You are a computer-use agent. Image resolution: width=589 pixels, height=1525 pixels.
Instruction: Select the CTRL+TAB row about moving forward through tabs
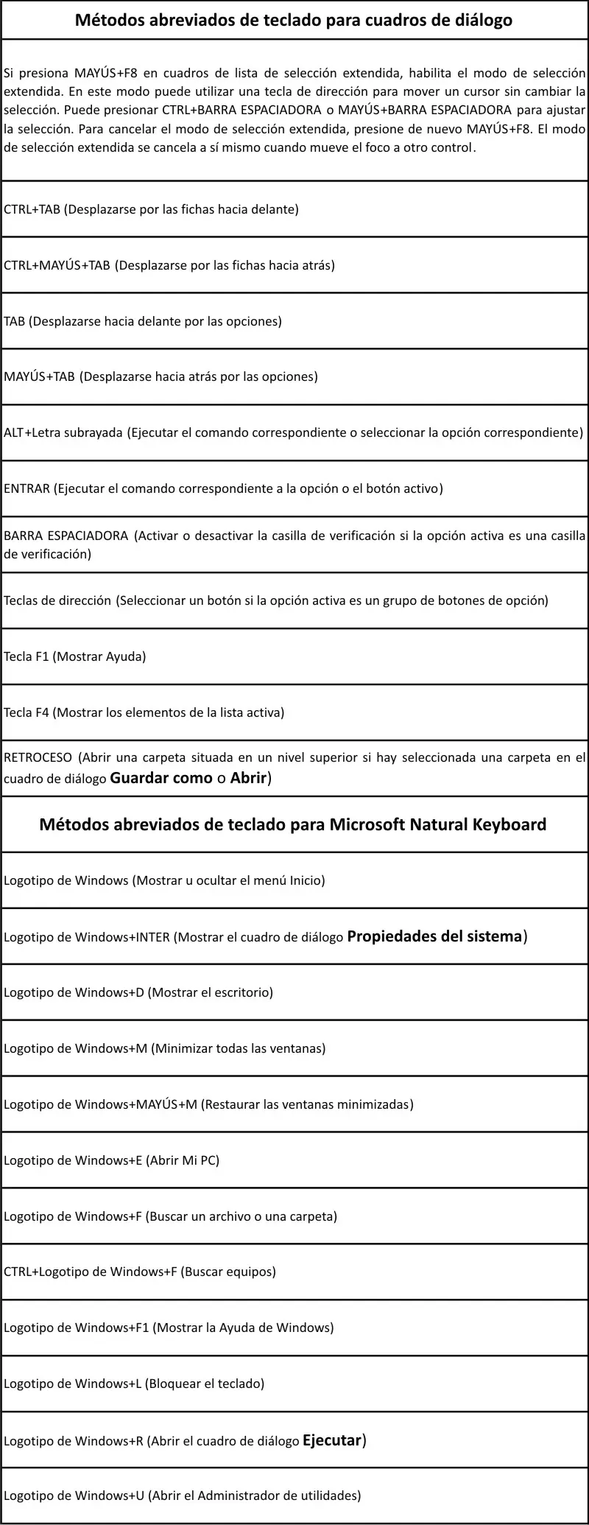151,209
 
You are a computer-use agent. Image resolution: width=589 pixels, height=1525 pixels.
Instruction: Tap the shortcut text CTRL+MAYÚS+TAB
57,265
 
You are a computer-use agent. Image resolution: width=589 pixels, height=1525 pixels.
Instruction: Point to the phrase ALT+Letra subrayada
63,432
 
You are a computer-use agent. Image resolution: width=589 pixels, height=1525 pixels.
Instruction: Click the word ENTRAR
27,488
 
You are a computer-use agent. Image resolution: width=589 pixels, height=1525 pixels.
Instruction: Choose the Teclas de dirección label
57,600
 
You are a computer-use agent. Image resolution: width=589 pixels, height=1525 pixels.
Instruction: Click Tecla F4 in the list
27,712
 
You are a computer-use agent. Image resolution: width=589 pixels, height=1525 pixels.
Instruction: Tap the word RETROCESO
38,757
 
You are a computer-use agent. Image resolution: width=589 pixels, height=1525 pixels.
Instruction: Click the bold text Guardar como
161,778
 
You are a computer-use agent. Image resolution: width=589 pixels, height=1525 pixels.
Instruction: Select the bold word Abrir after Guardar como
248,778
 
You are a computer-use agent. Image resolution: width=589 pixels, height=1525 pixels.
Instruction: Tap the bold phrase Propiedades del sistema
434,936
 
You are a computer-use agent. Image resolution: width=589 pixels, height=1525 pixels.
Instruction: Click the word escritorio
242,992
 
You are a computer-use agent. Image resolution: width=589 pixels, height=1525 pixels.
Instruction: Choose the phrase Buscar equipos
228,1272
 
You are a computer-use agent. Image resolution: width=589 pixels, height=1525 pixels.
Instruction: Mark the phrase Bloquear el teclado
206,1384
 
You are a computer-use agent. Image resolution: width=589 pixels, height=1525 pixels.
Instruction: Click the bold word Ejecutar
332,1440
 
